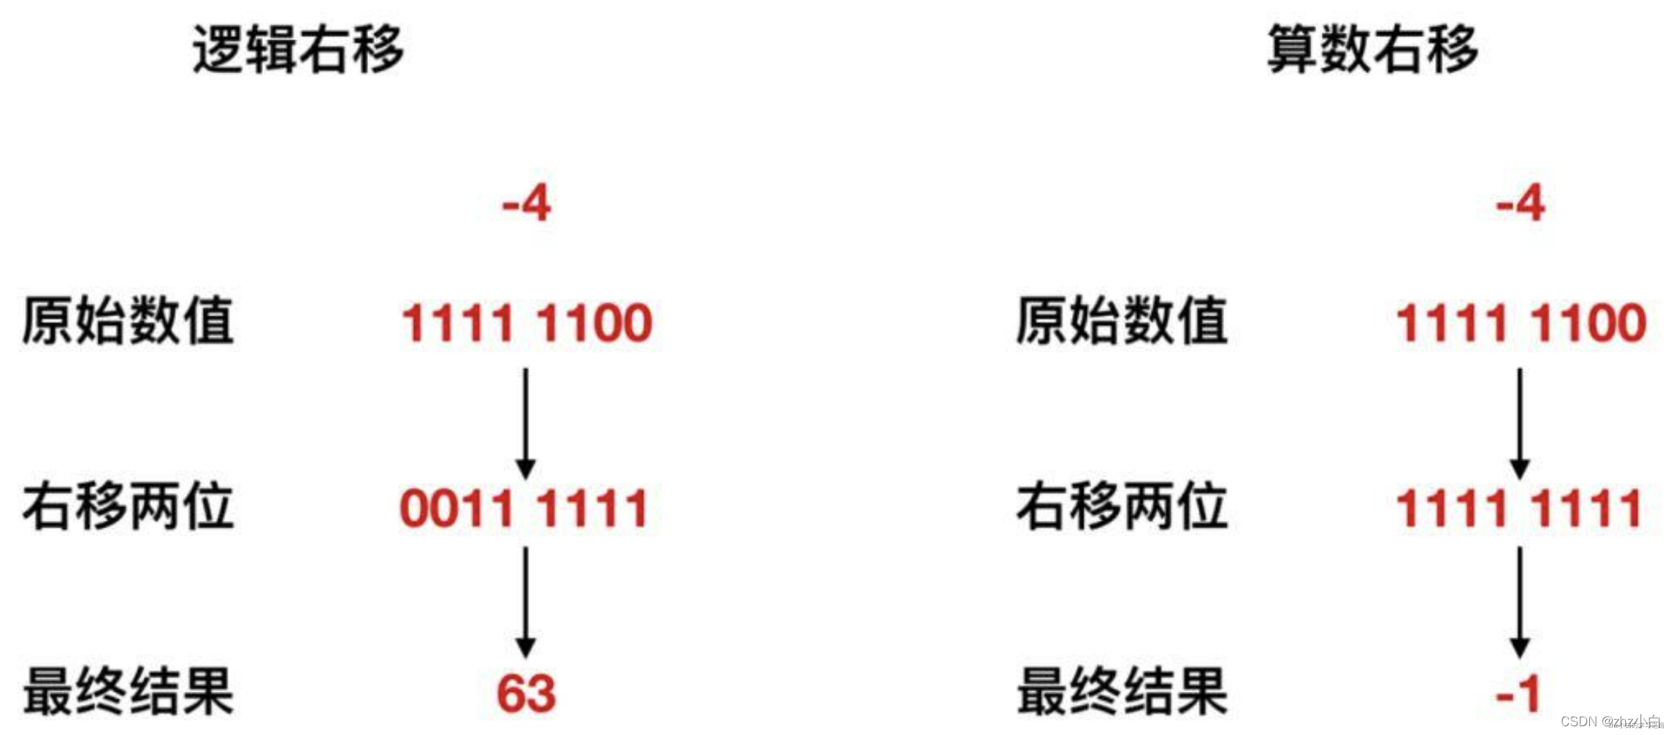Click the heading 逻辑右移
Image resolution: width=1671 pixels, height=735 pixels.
(298, 49)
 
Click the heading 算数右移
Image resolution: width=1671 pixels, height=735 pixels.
(1372, 49)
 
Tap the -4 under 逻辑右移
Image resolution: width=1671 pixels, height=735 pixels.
(526, 203)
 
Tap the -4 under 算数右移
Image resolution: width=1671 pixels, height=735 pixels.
(1520, 203)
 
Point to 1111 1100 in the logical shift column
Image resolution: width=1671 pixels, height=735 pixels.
(527, 323)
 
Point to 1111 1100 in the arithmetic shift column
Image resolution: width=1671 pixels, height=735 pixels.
(1521, 323)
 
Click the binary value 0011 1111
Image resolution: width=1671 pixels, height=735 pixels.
(524, 509)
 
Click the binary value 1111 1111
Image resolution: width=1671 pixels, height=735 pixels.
(1519, 509)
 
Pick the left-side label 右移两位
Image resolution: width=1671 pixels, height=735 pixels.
(128, 506)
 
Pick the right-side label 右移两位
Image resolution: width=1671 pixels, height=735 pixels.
(1122, 506)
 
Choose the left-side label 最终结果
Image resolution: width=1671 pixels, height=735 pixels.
(128, 691)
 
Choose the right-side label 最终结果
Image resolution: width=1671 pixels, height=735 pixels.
(1122, 691)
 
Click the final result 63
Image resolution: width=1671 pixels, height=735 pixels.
(526, 693)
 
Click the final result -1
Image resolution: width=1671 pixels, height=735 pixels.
(1518, 693)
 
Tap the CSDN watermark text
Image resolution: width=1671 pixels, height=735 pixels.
(1610, 721)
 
